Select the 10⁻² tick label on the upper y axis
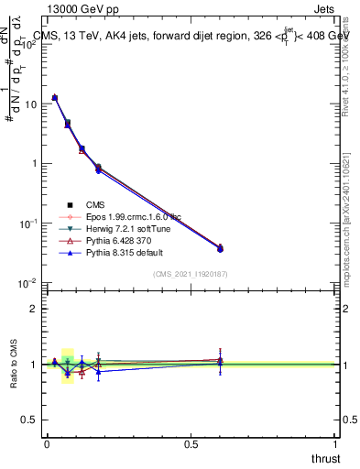[29, 283]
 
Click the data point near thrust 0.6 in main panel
[220, 248]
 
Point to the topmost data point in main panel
[55, 97]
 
